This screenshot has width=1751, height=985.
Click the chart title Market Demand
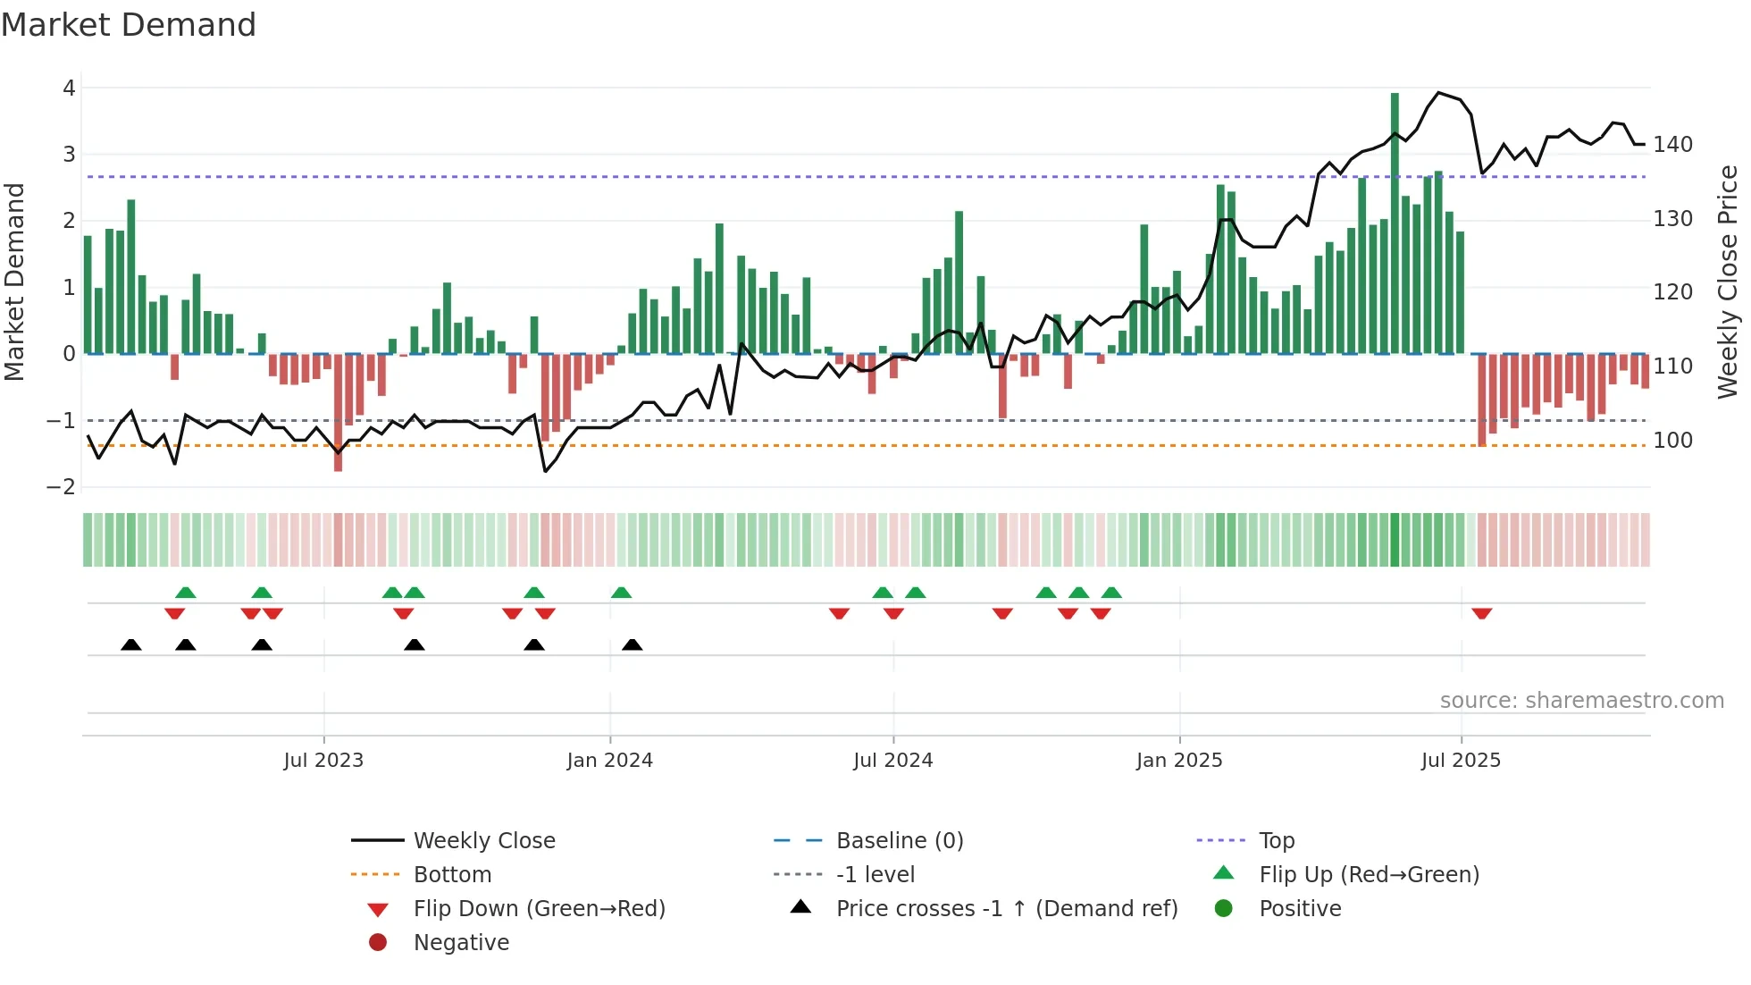pyautogui.click(x=129, y=25)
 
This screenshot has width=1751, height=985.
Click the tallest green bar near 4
pyautogui.click(x=1395, y=223)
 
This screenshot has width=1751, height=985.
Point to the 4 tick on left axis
pyautogui.click(x=69, y=88)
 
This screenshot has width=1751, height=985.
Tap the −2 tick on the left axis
pyautogui.click(x=62, y=487)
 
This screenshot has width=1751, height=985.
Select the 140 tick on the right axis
pyautogui.click(x=1672, y=145)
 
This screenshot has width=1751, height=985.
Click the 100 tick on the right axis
pyautogui.click(x=1672, y=441)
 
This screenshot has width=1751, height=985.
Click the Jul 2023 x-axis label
pyautogui.click(x=323, y=761)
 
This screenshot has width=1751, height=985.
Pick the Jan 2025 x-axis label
pyautogui.click(x=1179, y=761)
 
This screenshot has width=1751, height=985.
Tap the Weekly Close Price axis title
pyautogui.click(x=1728, y=282)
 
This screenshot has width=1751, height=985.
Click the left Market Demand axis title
pyautogui.click(x=14, y=282)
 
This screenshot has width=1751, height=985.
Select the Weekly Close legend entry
pyautogui.click(x=483, y=841)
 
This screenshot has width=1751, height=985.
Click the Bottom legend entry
pyautogui.click(x=452, y=875)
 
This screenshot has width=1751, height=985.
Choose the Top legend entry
pyautogui.click(x=1277, y=841)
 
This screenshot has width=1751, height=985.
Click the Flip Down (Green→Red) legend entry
pyautogui.click(x=539, y=909)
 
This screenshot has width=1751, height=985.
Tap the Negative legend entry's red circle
pyautogui.click(x=378, y=943)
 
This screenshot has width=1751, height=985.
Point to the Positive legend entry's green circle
pyautogui.click(x=1224, y=909)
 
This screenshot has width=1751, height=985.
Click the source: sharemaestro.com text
pyautogui.click(x=1581, y=701)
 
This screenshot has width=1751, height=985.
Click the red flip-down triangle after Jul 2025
pyautogui.click(x=1482, y=613)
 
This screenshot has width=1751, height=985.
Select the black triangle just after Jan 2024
pyautogui.click(x=633, y=644)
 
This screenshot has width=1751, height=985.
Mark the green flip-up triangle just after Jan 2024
pyautogui.click(x=622, y=593)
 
